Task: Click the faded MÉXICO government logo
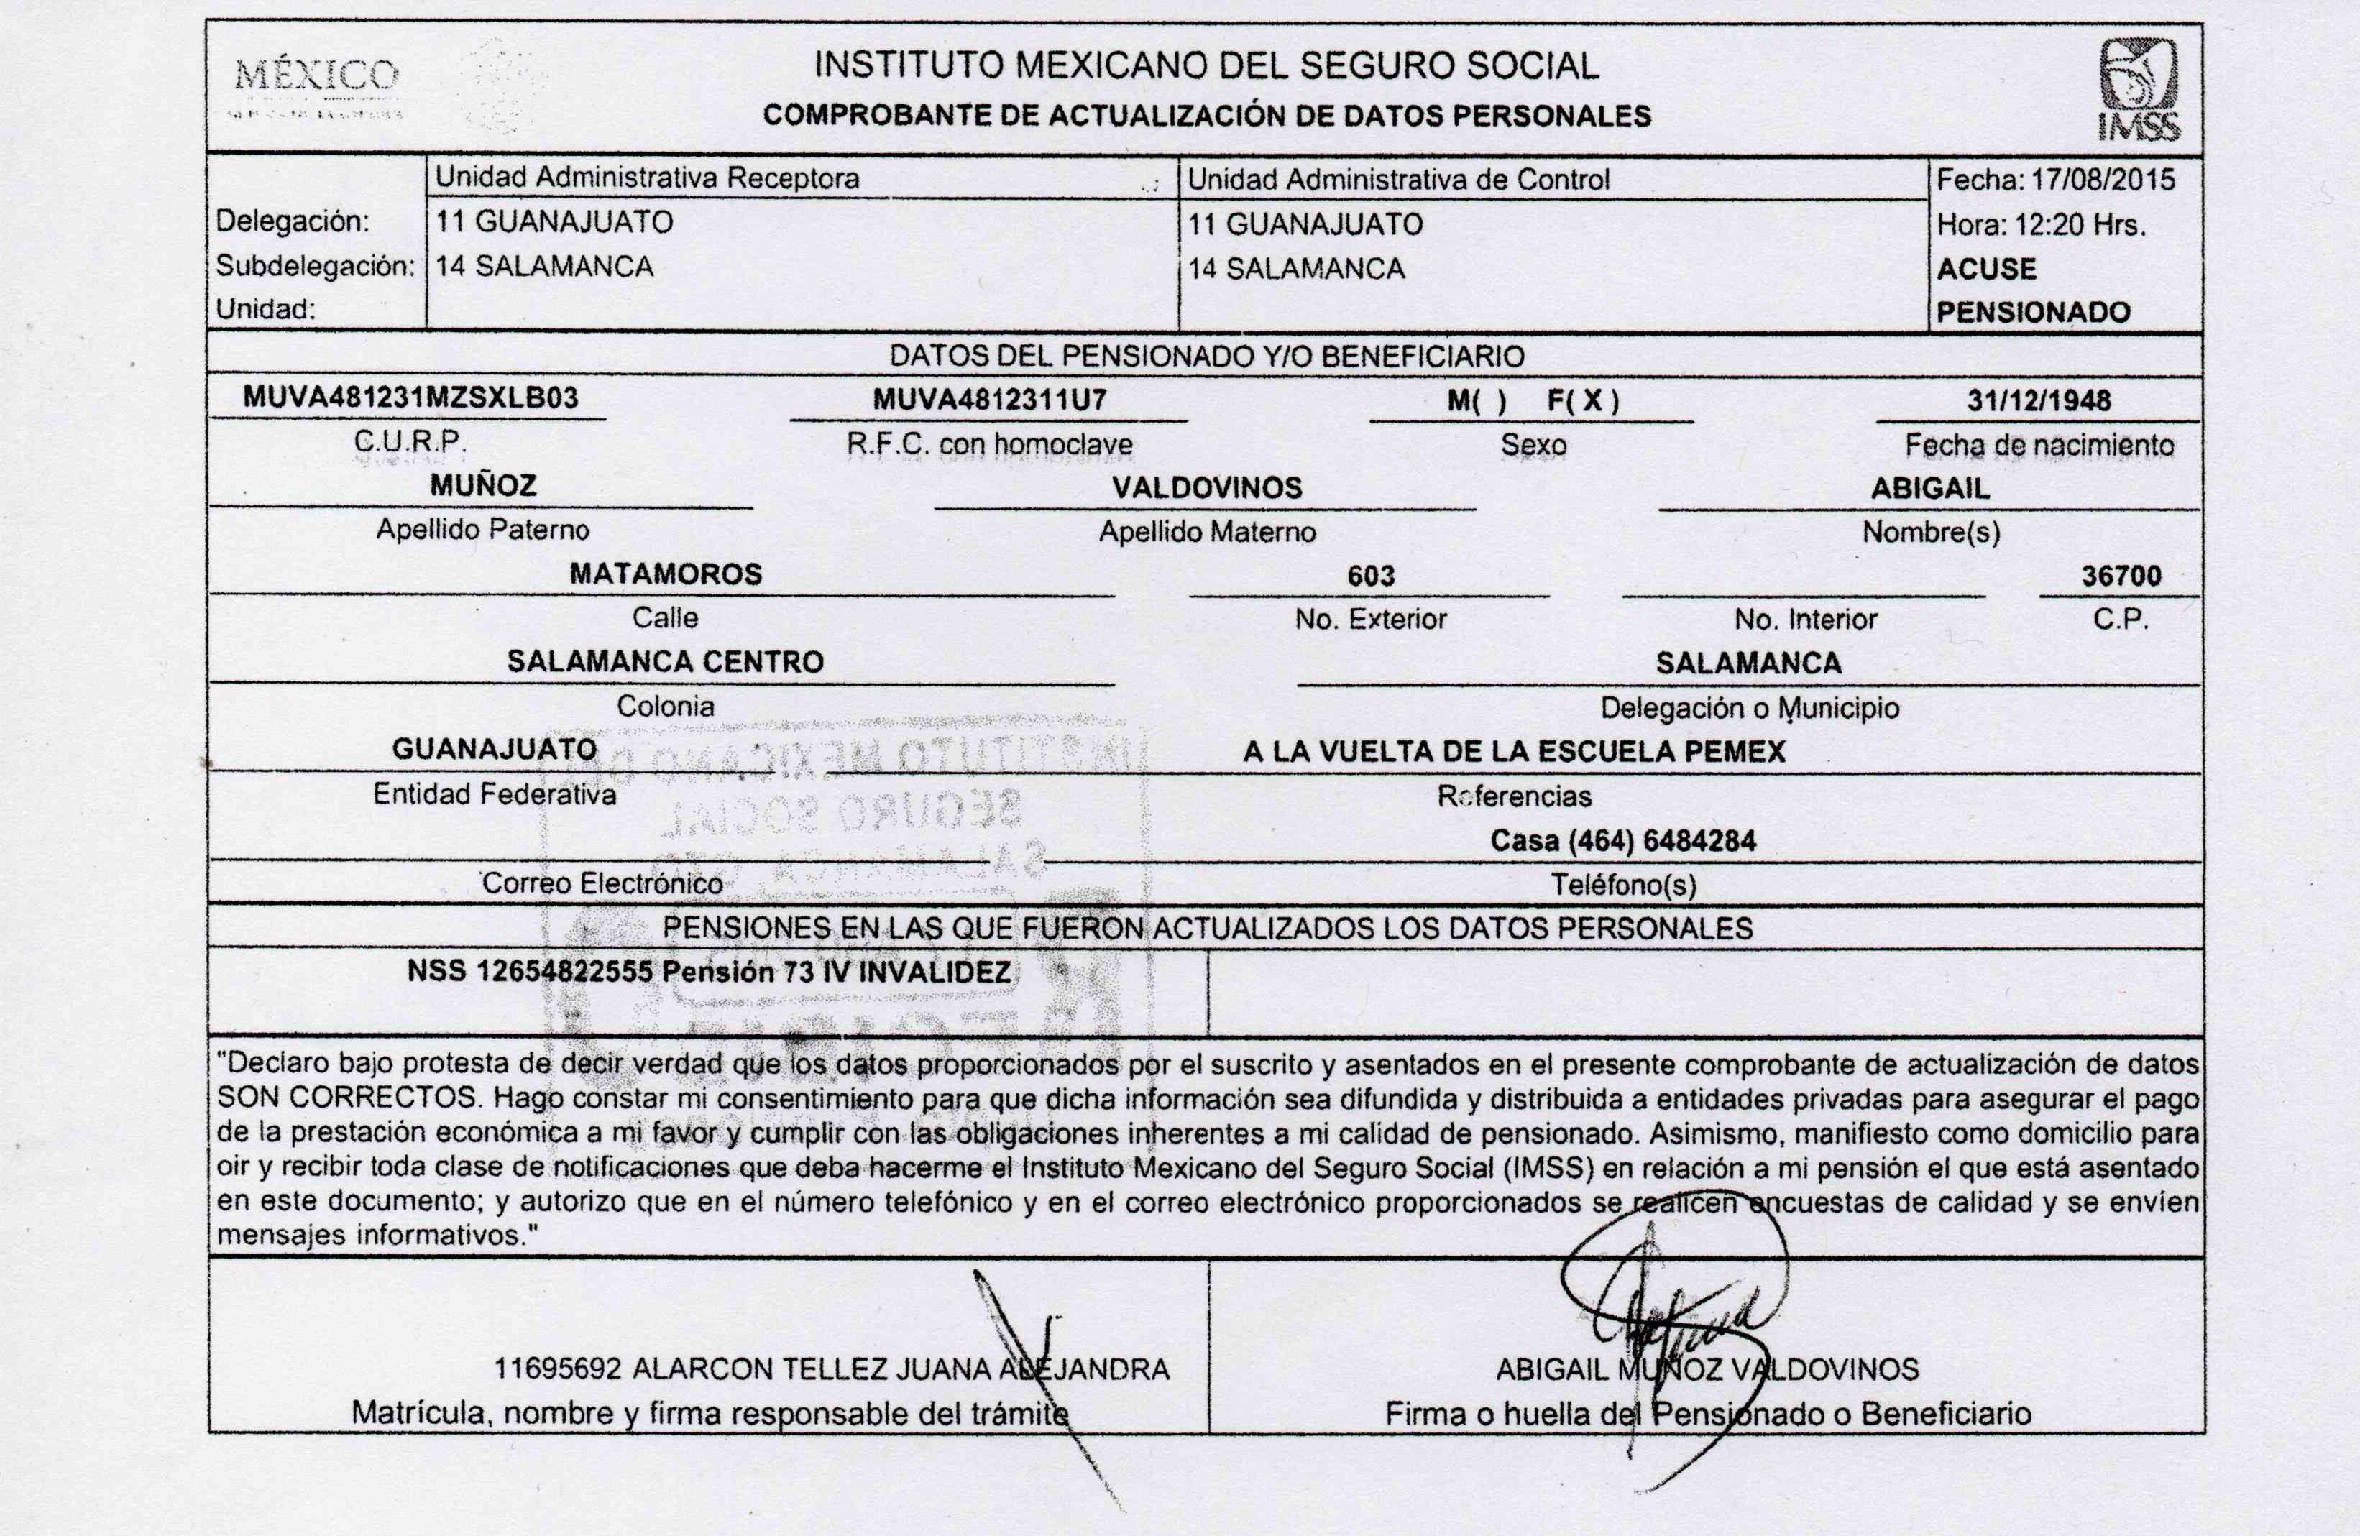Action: [316, 87]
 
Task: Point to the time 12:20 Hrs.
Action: [2080, 225]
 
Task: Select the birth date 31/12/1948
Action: [2039, 400]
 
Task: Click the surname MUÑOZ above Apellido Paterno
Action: [483, 486]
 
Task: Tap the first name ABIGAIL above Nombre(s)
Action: [1929, 489]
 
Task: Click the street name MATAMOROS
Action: [666, 574]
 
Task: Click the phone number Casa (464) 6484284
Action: [1622, 841]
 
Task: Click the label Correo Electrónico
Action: [602, 883]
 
